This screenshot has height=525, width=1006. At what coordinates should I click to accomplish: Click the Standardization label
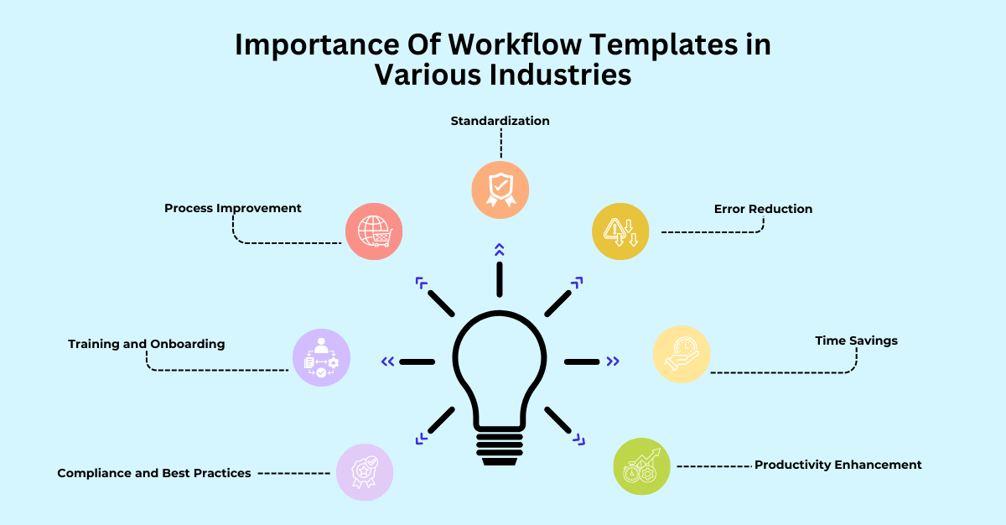[500, 121]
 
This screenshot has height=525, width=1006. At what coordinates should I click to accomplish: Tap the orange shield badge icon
[500, 190]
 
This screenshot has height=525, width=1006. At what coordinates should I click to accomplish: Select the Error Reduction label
[763, 209]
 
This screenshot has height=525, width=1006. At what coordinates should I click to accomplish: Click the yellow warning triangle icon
[620, 231]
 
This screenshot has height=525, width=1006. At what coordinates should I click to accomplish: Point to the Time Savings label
[856, 340]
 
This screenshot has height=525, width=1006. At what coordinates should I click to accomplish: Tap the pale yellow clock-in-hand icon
[682, 354]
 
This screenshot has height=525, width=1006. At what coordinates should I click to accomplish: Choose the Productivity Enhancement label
[837, 465]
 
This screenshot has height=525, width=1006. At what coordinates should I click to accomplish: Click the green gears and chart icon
[642, 466]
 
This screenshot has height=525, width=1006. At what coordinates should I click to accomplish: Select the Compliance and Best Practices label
[154, 473]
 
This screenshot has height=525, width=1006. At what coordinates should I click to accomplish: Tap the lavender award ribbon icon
[365, 472]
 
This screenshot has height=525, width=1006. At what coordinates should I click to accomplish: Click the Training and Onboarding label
[147, 344]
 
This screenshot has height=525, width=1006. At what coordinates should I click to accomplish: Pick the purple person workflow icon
[321, 358]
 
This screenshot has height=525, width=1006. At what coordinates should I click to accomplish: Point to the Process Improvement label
[233, 208]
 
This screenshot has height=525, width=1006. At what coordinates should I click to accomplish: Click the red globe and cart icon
[374, 231]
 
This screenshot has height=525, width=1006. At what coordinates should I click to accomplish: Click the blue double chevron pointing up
[500, 249]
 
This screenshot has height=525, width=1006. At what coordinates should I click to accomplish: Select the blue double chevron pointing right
[614, 361]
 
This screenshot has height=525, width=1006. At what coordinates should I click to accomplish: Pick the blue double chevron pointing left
[387, 361]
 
